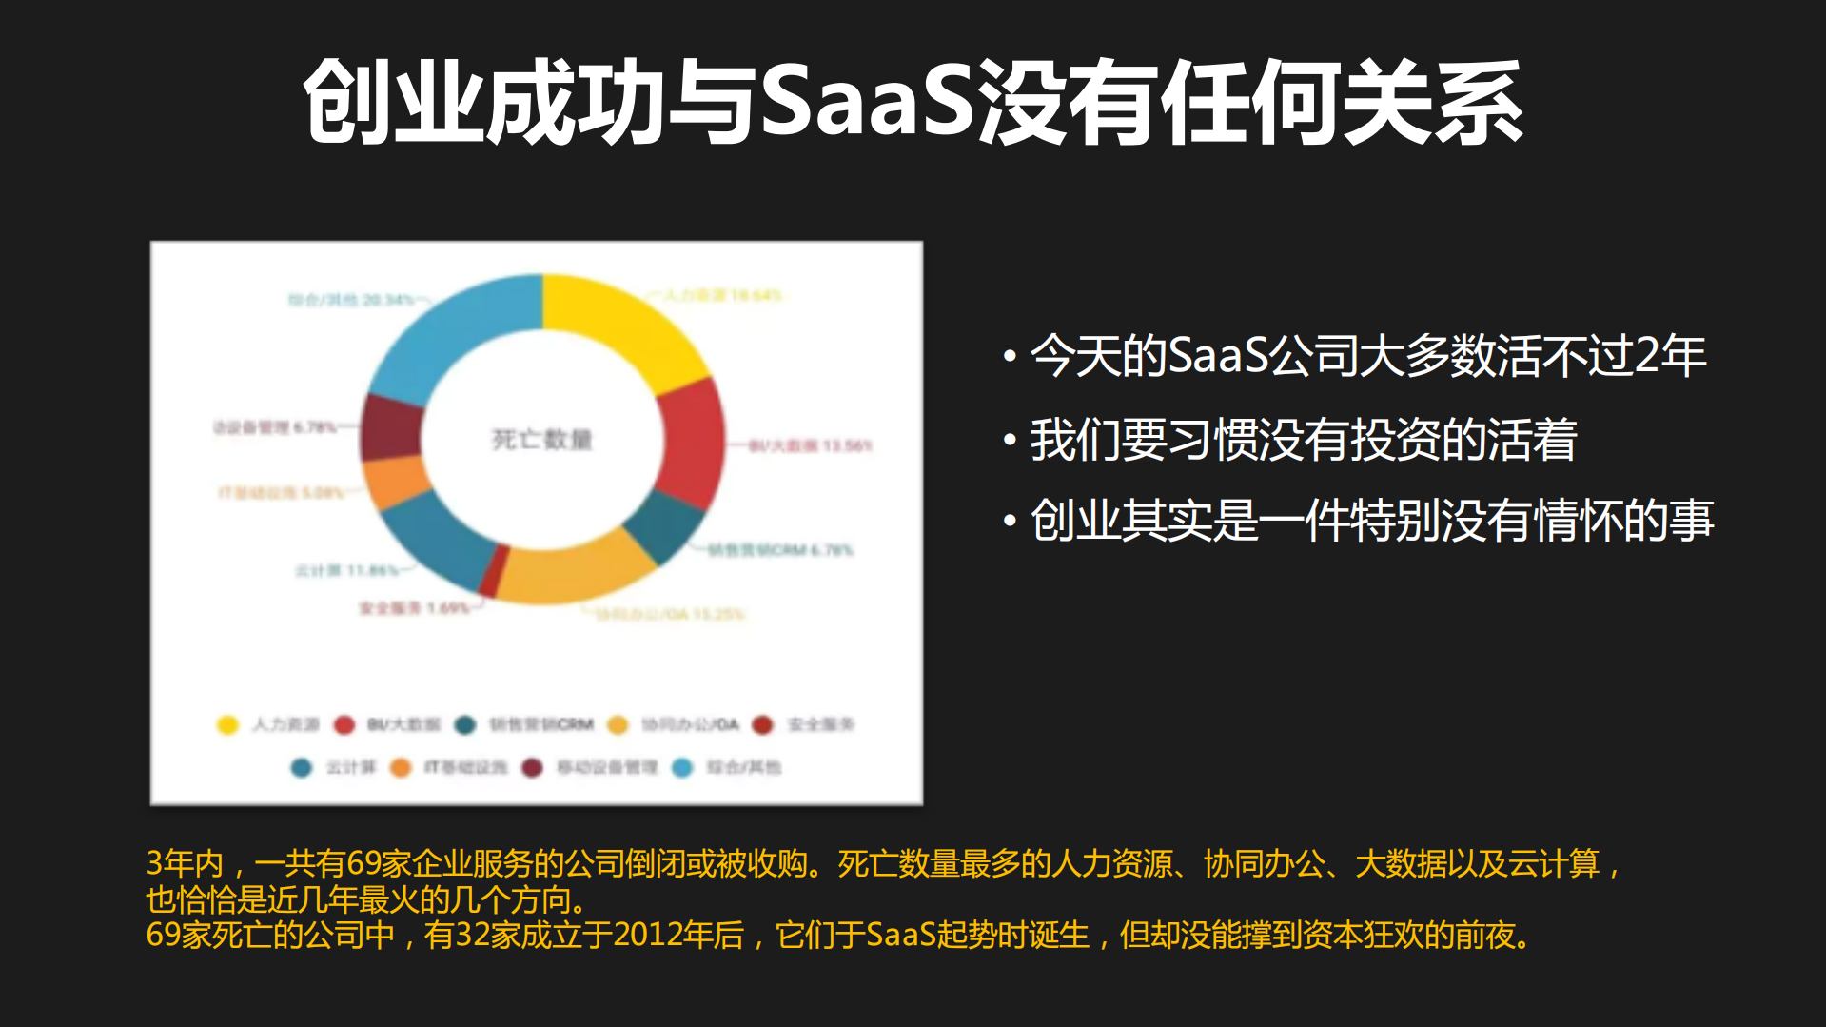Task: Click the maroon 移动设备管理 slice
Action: pos(390,426)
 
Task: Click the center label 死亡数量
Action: pos(541,439)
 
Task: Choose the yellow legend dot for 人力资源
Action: pos(227,725)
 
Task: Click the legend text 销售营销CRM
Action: pos(541,725)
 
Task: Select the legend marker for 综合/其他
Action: pos(682,767)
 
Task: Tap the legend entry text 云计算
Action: pos(351,767)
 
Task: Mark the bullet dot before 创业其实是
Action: pos(1010,522)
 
